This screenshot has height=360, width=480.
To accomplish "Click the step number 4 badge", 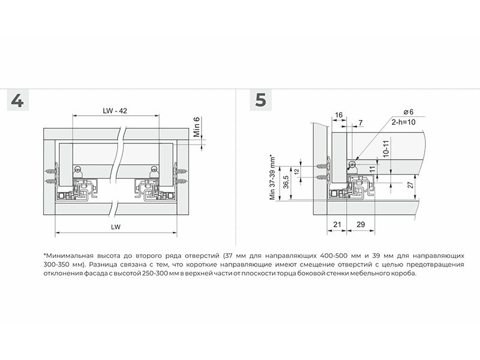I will click(17, 100).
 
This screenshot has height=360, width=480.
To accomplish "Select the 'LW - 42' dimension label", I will click(115, 110).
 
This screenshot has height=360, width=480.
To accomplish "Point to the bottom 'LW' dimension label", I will click(116, 227).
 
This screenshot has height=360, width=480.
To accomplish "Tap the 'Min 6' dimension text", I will click(196, 127).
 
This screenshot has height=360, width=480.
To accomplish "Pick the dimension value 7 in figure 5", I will click(360, 123).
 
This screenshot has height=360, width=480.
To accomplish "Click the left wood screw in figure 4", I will click(52, 177).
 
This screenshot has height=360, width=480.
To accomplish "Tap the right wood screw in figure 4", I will click(179, 177).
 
